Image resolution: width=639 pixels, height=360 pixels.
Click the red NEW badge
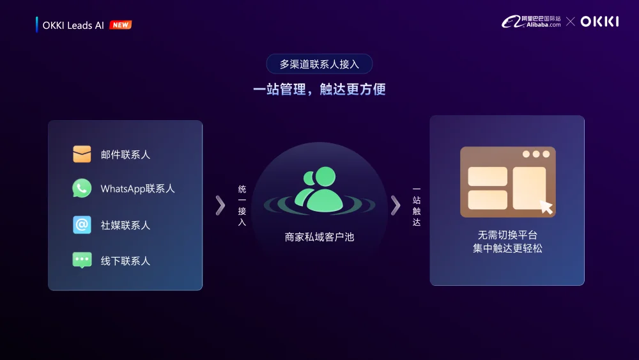(x=120, y=25)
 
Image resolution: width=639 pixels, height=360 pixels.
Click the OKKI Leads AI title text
(x=73, y=26)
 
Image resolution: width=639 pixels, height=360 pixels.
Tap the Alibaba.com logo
(x=531, y=22)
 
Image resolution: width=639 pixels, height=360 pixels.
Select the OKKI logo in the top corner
(x=599, y=22)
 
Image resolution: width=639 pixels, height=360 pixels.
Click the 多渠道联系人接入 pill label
(x=319, y=64)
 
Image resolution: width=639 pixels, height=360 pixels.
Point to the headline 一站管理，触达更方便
(x=319, y=89)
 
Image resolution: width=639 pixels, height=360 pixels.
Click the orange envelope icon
(x=82, y=154)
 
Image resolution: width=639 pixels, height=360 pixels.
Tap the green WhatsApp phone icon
(x=82, y=189)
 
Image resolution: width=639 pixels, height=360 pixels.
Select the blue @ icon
(x=82, y=225)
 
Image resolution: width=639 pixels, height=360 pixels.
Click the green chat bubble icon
(x=82, y=260)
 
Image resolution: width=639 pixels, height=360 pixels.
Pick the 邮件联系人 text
(x=125, y=155)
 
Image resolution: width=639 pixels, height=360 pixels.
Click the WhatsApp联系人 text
(x=137, y=189)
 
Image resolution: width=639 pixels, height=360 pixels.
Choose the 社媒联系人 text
(x=125, y=225)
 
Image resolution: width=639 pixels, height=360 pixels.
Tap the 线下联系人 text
(x=125, y=261)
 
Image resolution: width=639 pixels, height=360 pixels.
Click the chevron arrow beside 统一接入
(x=220, y=205)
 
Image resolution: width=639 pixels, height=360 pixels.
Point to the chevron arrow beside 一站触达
(x=396, y=205)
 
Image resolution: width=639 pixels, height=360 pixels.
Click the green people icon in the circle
(x=319, y=190)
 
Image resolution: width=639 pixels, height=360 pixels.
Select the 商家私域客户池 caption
(x=319, y=237)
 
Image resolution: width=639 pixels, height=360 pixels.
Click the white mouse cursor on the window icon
(x=546, y=207)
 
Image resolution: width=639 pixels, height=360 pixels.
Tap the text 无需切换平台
(x=507, y=235)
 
